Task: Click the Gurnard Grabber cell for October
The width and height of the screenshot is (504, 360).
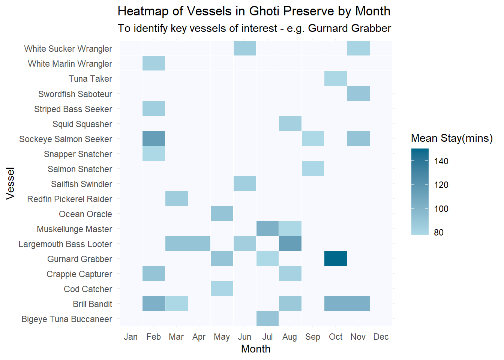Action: coord(336,259)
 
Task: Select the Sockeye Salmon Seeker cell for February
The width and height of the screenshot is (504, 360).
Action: coord(154,139)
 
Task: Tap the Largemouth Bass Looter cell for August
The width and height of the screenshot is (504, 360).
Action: coord(290,244)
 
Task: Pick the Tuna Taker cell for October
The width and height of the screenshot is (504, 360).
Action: coord(336,78)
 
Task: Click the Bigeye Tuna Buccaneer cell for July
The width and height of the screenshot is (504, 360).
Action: coord(267,319)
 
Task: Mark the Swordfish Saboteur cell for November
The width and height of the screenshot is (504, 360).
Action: coord(358,94)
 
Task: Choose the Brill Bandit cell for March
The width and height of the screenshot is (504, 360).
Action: coord(177,304)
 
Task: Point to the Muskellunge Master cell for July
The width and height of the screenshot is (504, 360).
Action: coord(267,229)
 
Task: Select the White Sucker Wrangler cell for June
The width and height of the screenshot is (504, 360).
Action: coord(245,48)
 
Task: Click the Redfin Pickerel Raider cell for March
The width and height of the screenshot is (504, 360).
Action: coord(177,199)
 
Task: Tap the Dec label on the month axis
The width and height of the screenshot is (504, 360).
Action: coord(381,337)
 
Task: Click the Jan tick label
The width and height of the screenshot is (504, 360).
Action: coord(131,337)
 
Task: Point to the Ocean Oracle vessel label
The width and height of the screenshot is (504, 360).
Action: coord(85,214)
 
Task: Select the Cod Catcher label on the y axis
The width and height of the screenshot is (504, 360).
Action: coord(88,289)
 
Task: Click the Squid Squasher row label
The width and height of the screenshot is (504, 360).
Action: coord(82,124)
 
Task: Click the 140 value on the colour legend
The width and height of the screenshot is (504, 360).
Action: coord(441,161)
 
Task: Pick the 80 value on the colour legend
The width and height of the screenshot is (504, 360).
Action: coord(439,232)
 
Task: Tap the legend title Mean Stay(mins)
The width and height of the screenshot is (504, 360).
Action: coord(452,138)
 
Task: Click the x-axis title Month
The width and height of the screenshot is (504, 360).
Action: coord(256,349)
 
